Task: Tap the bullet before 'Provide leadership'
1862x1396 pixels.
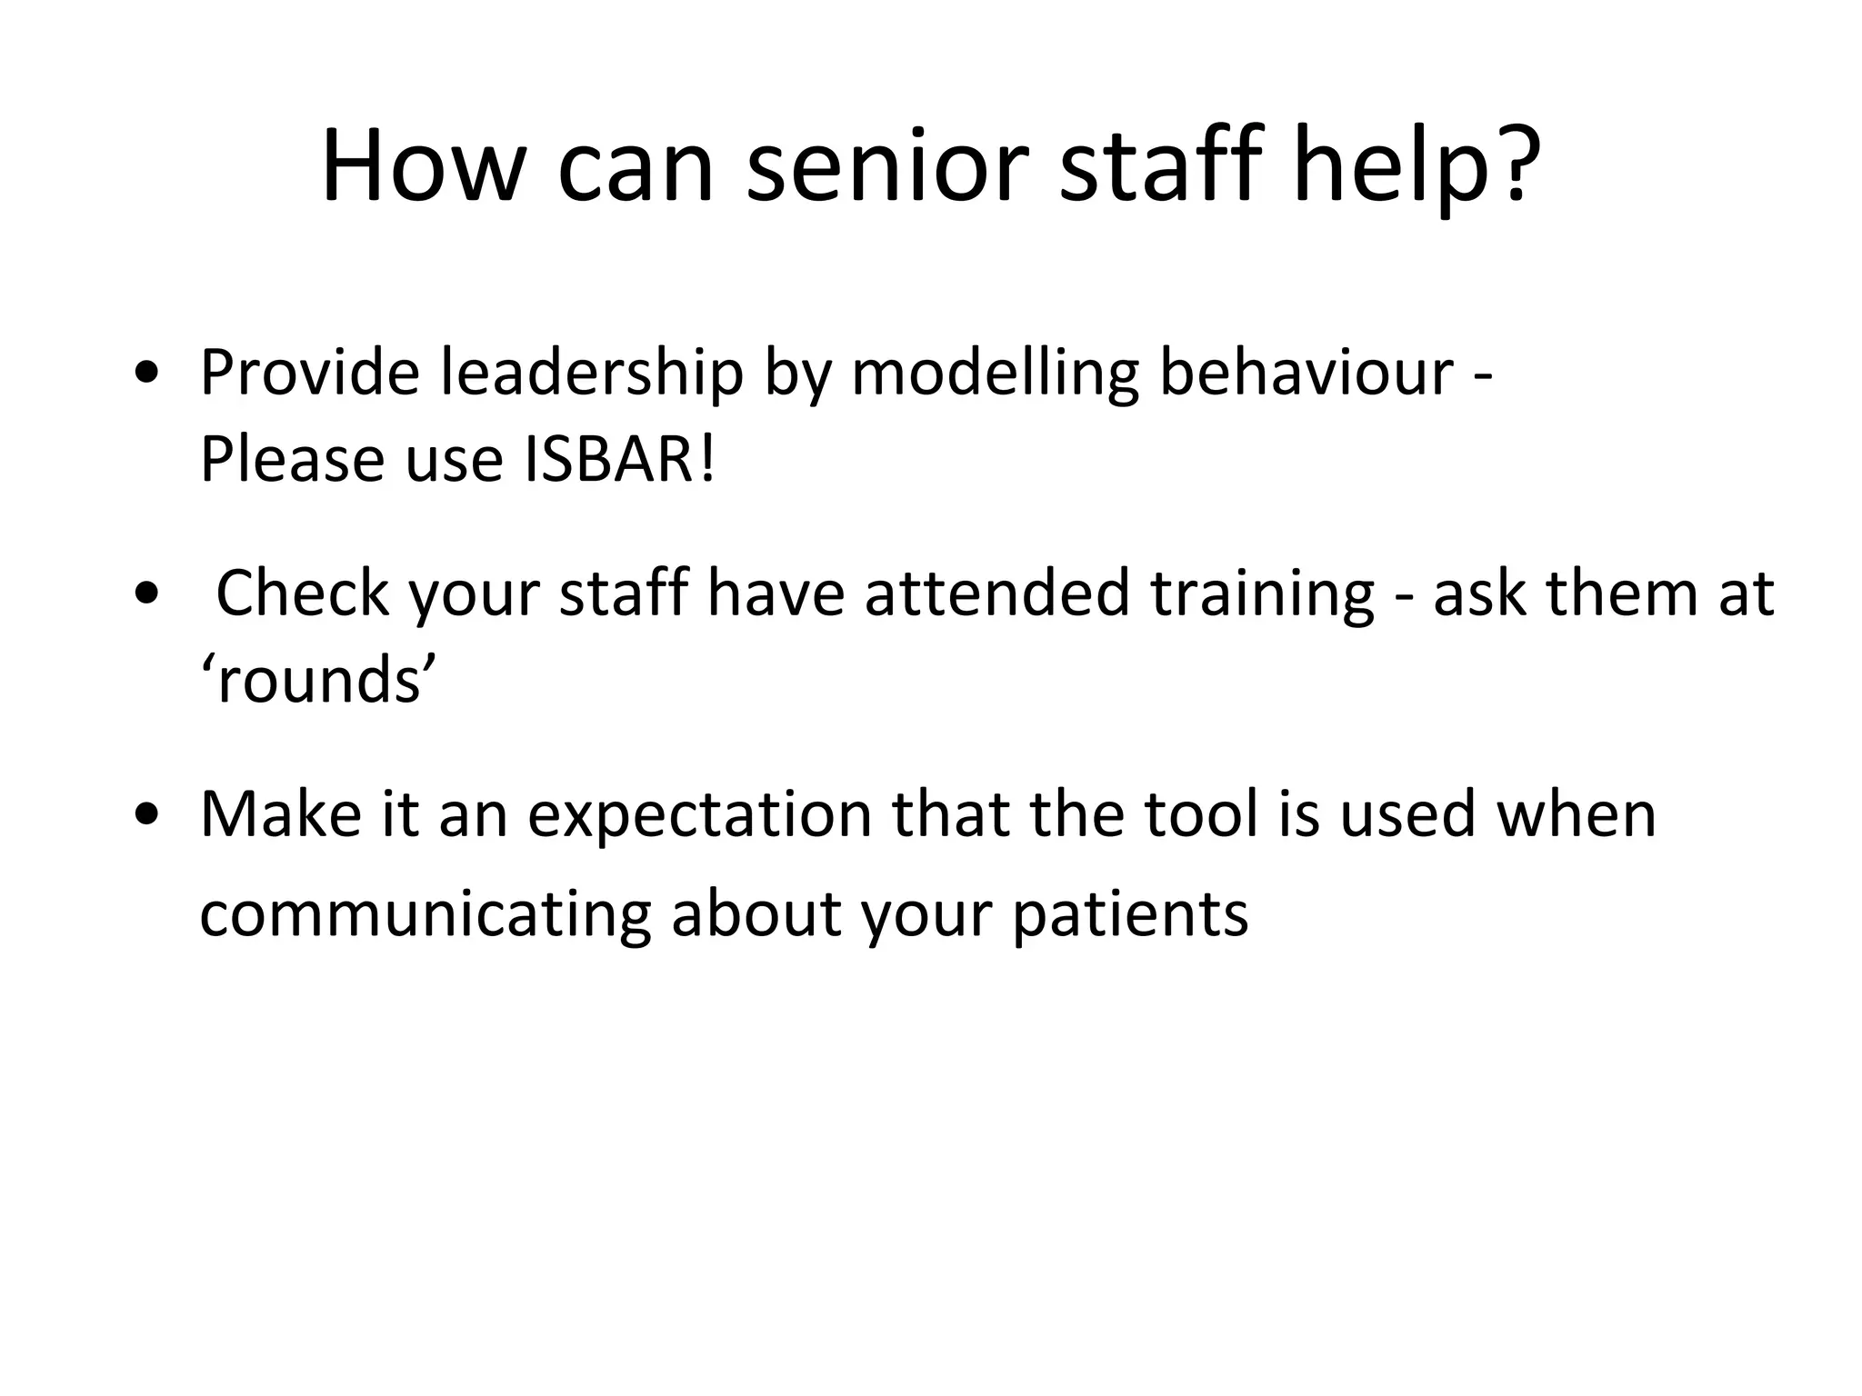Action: [x=147, y=374]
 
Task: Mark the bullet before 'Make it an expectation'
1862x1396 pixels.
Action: [x=147, y=814]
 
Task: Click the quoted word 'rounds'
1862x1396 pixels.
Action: [x=319, y=680]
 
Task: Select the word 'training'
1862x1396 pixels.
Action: [x=1262, y=593]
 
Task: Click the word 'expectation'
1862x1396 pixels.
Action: [x=700, y=815]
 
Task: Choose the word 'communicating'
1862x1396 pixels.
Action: [x=425, y=914]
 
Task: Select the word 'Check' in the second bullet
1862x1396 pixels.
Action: [x=301, y=592]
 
